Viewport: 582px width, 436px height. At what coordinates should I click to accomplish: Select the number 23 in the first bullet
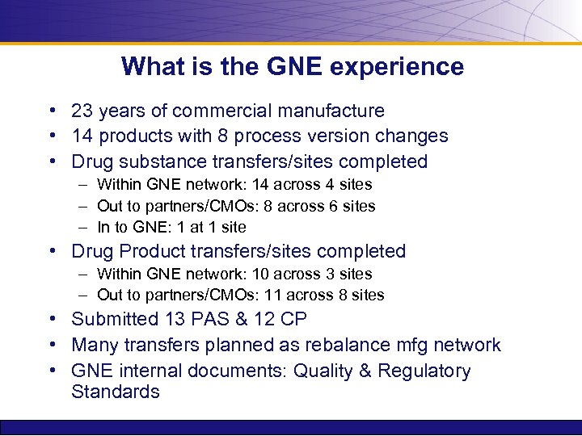click(82, 111)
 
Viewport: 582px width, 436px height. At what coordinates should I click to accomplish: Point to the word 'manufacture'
click(329, 111)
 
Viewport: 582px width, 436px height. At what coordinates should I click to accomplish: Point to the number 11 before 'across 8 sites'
click(273, 295)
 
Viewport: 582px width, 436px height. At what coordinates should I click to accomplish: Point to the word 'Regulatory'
click(424, 371)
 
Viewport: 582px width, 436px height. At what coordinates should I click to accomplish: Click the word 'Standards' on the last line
click(116, 392)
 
